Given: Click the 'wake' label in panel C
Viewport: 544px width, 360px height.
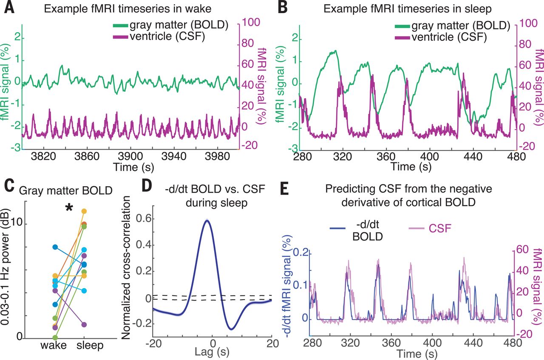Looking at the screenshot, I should tap(54, 346).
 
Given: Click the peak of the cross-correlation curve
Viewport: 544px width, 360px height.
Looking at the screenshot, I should tap(207, 221).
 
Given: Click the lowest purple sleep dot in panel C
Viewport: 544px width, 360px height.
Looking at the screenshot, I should tap(84, 325).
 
